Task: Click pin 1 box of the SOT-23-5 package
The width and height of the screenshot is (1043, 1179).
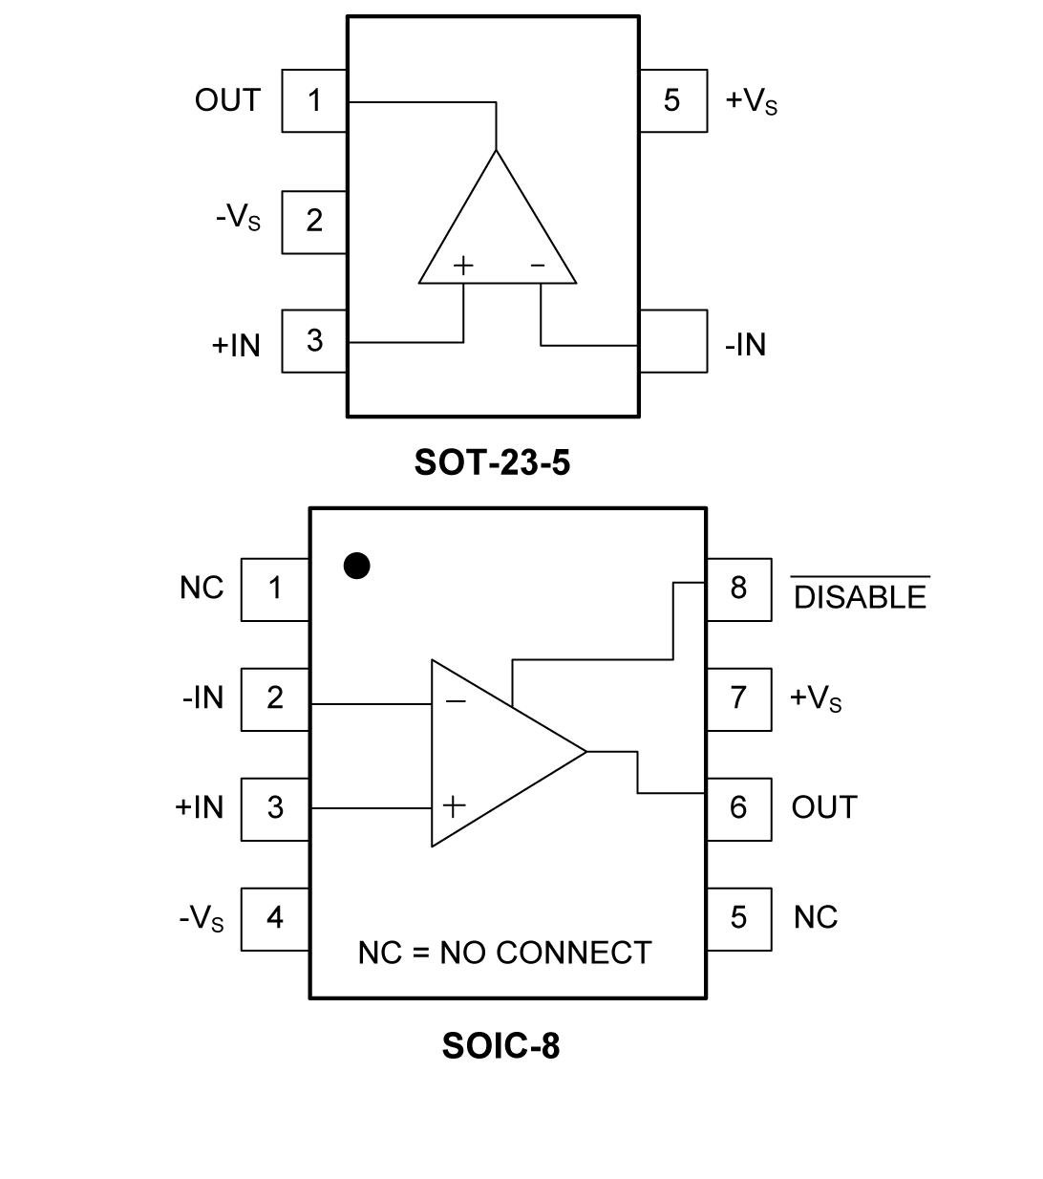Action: click(x=314, y=100)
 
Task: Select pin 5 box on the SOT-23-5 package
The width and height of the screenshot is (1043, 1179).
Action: click(x=672, y=100)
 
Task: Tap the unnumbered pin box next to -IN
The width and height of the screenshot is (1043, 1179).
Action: click(x=673, y=341)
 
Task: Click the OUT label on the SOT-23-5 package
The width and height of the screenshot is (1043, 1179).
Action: click(x=227, y=100)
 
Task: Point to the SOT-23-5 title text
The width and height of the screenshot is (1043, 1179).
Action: click(x=492, y=462)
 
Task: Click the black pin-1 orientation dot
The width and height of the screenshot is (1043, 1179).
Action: click(x=356, y=567)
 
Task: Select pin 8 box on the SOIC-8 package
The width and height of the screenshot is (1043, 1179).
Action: click(x=738, y=589)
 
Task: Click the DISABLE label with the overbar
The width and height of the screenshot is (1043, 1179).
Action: click(x=860, y=597)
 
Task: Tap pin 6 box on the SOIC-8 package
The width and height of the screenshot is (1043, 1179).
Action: click(x=738, y=808)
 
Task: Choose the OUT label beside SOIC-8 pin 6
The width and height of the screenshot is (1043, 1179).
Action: click(x=824, y=808)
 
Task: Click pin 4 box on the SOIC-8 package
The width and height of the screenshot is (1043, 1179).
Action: click(x=275, y=918)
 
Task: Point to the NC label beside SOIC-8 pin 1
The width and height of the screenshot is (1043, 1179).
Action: click(x=202, y=589)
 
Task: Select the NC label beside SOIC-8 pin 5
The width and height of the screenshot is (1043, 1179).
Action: click(x=816, y=918)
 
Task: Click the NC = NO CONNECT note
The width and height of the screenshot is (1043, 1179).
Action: click(x=504, y=953)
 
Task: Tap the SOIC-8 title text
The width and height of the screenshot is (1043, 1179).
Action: click(x=500, y=1046)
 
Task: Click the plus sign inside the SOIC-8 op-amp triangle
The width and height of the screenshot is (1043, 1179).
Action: click(x=455, y=806)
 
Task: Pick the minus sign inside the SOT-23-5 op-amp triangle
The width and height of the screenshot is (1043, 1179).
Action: click(x=538, y=266)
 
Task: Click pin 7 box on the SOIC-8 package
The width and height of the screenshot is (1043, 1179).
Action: click(x=738, y=698)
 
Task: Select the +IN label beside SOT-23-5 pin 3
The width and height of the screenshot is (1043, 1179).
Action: click(x=236, y=345)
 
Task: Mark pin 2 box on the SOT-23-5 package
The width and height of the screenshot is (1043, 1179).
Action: click(x=314, y=222)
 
